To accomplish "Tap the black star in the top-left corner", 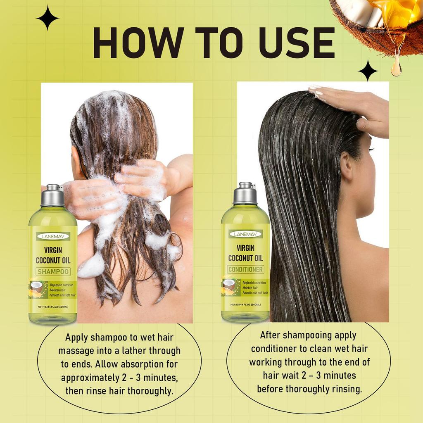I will click(48, 18).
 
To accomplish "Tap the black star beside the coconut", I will click(368, 70).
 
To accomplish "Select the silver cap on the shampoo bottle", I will click(52, 196).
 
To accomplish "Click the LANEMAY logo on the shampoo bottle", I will click(53, 236).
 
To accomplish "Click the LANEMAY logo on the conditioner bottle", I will click(246, 234).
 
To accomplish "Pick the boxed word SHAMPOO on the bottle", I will click(53, 271).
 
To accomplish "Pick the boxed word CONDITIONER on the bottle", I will click(246, 269).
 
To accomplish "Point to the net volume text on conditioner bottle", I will click(246, 304).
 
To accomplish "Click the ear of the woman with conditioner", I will click(346, 165).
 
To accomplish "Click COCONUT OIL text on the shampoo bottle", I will click(53, 260).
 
